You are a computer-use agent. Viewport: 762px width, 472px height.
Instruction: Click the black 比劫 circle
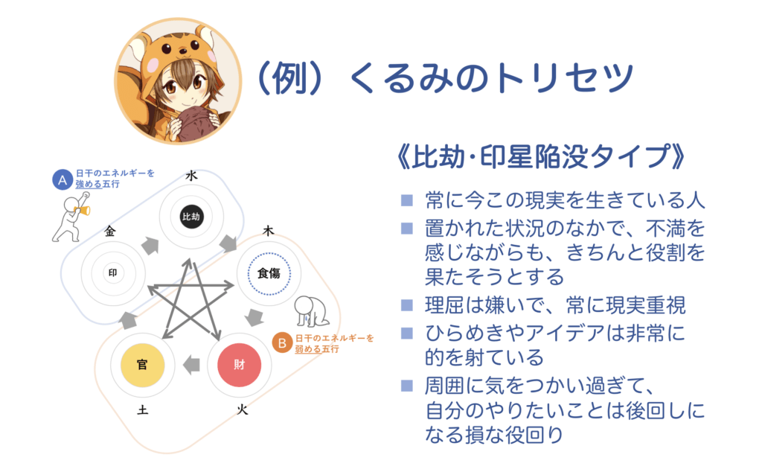pos(191,217)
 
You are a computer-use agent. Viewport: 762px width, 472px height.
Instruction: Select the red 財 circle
pos(239,365)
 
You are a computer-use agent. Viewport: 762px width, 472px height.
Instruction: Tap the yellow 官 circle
pos(142,365)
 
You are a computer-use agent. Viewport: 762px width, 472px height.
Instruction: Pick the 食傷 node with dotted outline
pos(269,274)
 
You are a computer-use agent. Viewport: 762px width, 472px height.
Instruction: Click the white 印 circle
pos(113,272)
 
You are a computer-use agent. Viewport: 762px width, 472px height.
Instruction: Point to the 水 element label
pos(191,176)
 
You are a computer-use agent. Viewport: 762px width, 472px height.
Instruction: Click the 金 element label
pos(110,232)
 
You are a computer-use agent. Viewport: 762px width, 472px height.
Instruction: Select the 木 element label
pos(268,231)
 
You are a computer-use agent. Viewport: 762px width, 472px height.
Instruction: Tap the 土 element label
pos(142,410)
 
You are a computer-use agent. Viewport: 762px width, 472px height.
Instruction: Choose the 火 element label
pos(242,409)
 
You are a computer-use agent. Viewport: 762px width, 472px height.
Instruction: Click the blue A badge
pos(63,180)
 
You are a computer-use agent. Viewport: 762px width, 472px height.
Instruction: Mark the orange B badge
pos(282,343)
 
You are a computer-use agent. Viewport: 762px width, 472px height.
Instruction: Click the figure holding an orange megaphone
pos(71,217)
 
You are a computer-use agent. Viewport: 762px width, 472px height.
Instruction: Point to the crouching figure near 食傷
pos(312,311)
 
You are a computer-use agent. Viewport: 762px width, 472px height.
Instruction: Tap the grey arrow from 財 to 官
pos(191,365)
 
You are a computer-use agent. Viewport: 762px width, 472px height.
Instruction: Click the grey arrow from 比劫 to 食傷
pos(228,244)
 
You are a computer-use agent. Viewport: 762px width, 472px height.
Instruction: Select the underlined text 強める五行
pos(97,184)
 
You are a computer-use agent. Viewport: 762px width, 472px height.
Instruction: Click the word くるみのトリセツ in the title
pos(491,77)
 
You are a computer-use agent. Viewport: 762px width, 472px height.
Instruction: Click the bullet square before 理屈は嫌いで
pos(407,304)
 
